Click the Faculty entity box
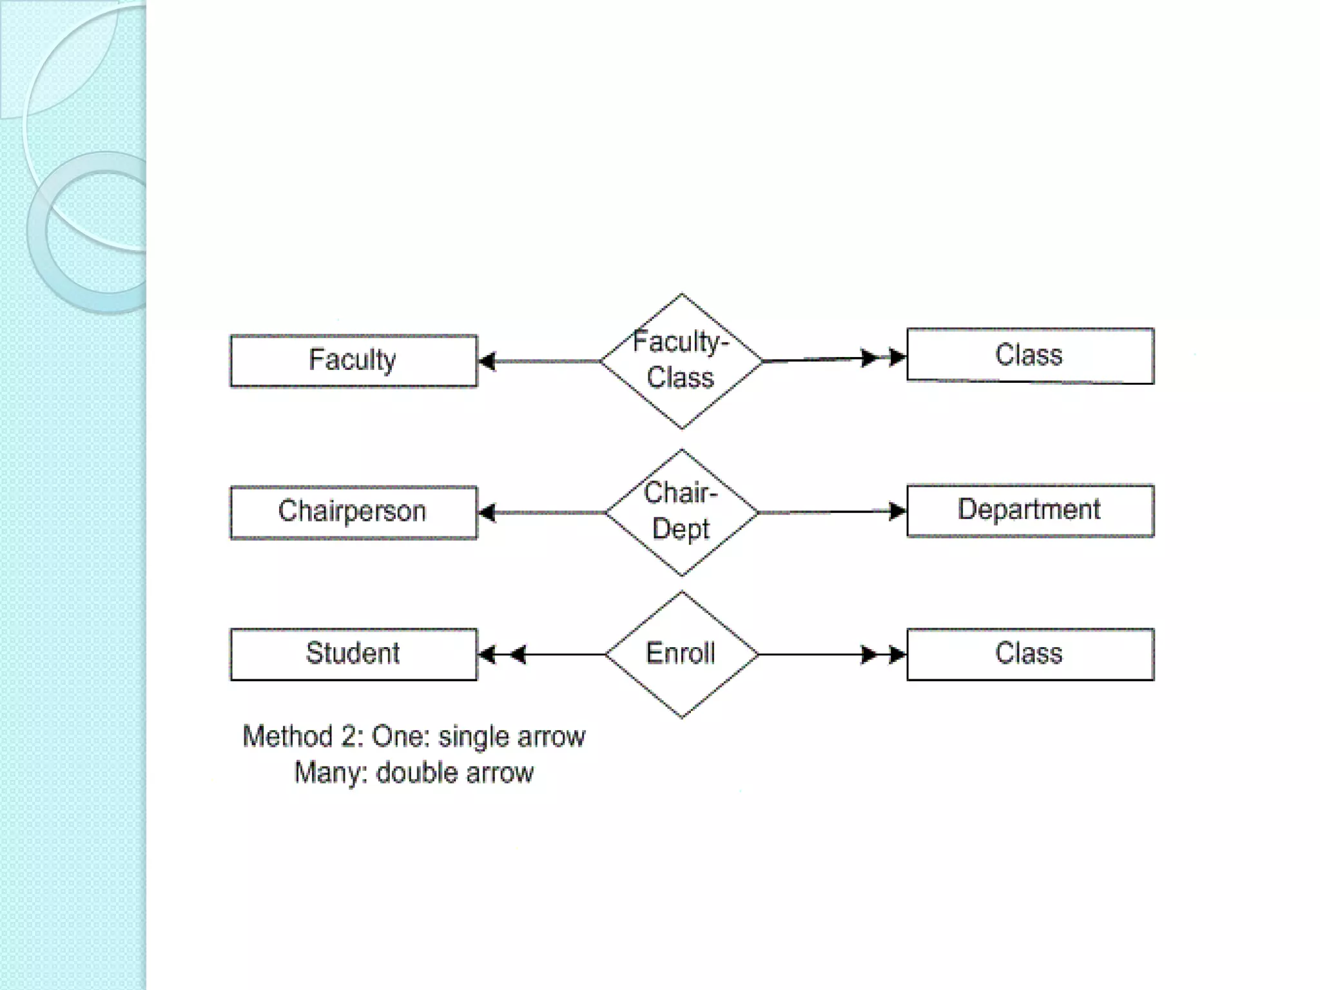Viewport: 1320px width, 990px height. click(353, 361)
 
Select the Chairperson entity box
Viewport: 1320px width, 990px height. click(353, 512)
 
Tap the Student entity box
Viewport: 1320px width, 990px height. click(353, 654)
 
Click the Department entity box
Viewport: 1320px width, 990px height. click(1030, 510)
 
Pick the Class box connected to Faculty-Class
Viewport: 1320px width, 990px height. click(1030, 356)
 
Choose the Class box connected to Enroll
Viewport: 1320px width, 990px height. click(1030, 654)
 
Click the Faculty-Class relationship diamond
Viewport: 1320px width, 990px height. click(681, 361)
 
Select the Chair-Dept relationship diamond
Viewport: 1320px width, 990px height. click(681, 512)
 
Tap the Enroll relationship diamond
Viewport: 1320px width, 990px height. click(681, 654)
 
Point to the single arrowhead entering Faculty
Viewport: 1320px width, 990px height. click(487, 362)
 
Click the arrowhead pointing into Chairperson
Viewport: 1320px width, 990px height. click(487, 513)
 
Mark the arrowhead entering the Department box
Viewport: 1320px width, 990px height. click(897, 512)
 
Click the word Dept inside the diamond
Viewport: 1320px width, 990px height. click(681, 529)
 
